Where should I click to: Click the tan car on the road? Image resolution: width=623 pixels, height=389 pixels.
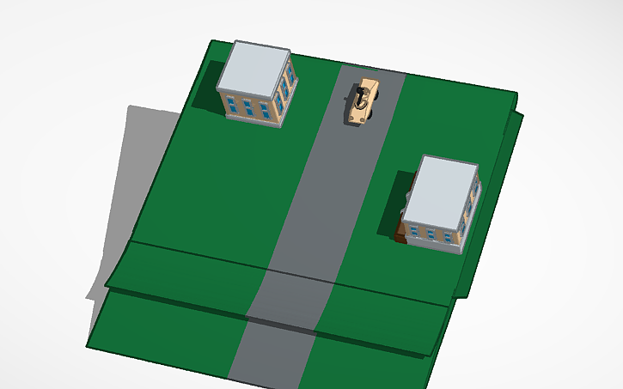click(365, 103)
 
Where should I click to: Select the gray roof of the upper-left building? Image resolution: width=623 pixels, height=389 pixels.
click(253, 68)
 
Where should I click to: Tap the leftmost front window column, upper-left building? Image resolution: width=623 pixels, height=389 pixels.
click(231, 104)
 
